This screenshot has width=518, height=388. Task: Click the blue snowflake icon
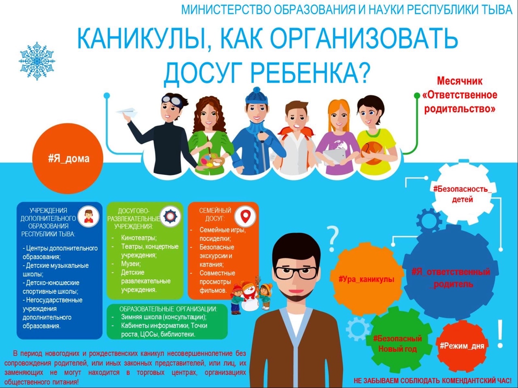[x=37, y=61]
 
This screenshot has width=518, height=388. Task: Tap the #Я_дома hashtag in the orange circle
[x=69, y=159]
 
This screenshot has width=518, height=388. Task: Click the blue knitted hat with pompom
[x=257, y=96]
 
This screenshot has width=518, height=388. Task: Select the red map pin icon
[x=245, y=216]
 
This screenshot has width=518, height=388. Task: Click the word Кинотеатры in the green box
[x=139, y=237]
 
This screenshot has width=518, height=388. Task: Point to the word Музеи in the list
[x=131, y=263]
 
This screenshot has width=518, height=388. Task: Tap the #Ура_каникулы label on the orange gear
[x=367, y=280]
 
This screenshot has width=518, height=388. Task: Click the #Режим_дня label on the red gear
[x=462, y=346]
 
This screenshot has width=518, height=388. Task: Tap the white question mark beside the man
[x=332, y=239]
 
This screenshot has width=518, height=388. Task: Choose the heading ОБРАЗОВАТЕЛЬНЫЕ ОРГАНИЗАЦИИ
[x=168, y=309]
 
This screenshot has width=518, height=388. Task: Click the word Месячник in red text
[x=460, y=81]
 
